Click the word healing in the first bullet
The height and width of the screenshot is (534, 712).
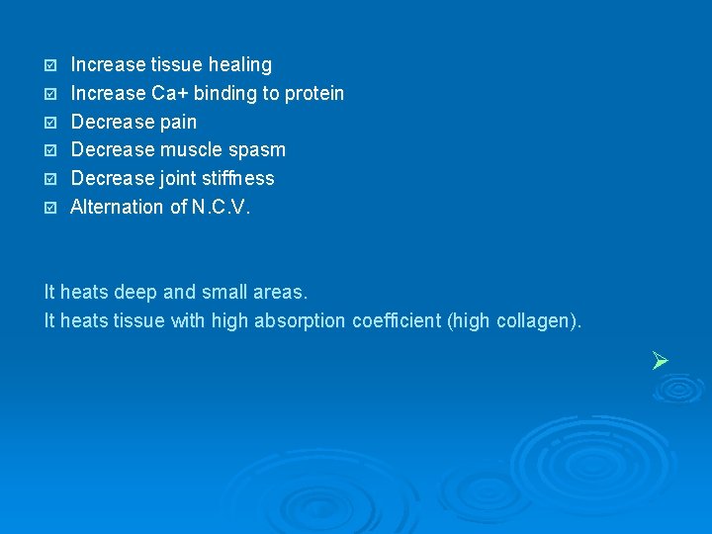tap(238, 65)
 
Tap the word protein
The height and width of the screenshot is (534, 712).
tap(313, 94)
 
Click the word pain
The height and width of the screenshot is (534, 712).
tap(178, 123)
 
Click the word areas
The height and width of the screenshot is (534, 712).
tap(280, 293)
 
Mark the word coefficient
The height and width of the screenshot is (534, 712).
tap(397, 321)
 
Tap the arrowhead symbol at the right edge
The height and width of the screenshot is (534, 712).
tap(662, 361)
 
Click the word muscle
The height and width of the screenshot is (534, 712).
tap(193, 150)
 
